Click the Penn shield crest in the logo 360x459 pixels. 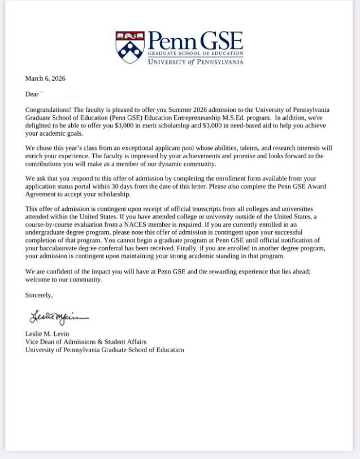click(130, 47)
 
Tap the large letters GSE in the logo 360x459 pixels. click(221, 41)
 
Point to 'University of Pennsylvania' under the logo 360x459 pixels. click(196, 62)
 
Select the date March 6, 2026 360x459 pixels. click(45, 79)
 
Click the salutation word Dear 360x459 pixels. click(32, 94)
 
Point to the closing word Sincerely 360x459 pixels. click(39, 295)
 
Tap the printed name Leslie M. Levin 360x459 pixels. click(47, 334)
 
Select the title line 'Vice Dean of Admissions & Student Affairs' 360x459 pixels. click(85, 341)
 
